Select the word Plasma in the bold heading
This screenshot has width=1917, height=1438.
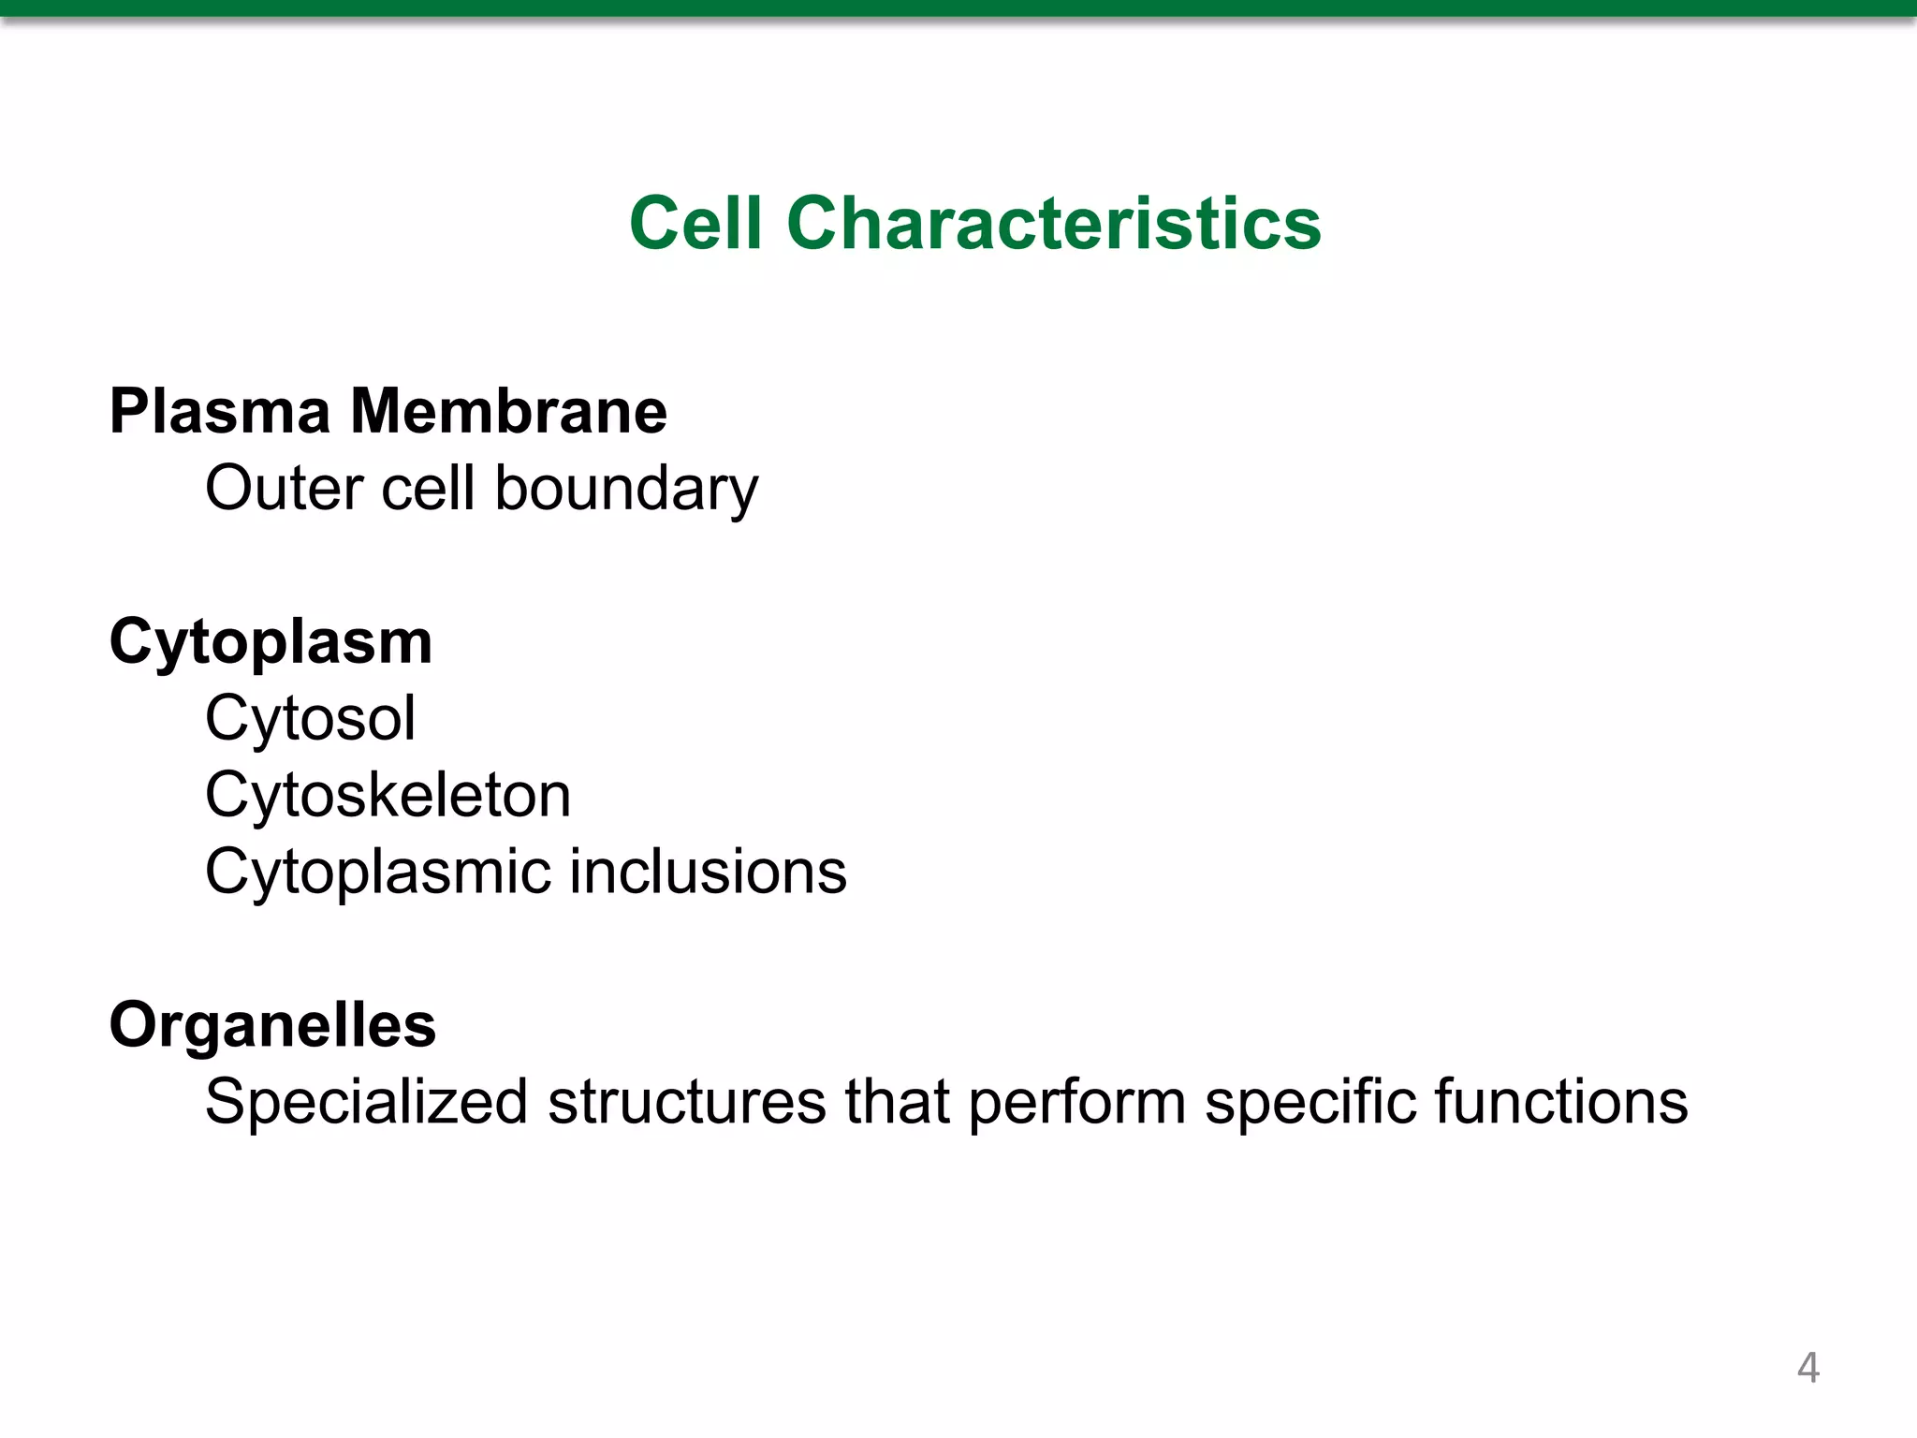(x=220, y=411)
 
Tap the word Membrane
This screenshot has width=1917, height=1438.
(x=508, y=411)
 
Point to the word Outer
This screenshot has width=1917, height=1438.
(x=285, y=488)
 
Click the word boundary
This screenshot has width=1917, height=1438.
(x=626, y=490)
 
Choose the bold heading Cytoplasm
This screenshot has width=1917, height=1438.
(x=271, y=643)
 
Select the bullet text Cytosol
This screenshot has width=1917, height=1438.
(x=310, y=719)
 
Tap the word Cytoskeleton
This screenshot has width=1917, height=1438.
(x=388, y=796)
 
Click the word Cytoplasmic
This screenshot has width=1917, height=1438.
(x=377, y=873)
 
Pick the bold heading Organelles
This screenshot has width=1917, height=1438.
(x=272, y=1025)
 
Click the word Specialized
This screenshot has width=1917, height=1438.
(x=367, y=1102)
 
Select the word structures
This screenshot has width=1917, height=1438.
(x=687, y=1102)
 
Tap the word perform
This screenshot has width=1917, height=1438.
(x=1076, y=1103)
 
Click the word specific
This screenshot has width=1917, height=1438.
(x=1310, y=1103)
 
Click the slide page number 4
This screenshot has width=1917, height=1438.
(x=1807, y=1368)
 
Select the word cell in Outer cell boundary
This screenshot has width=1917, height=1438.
(x=428, y=488)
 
